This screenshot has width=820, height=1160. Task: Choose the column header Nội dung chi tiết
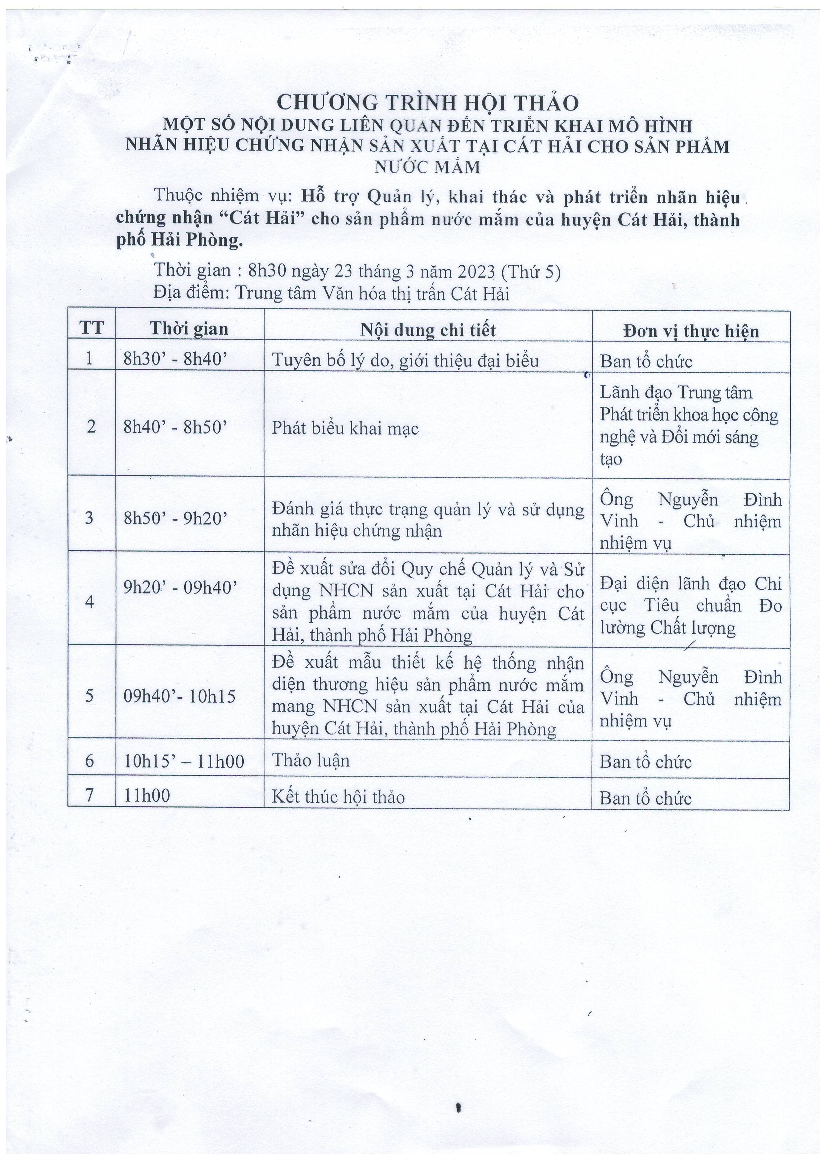[x=428, y=330]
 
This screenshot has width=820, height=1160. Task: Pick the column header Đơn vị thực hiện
[x=691, y=331]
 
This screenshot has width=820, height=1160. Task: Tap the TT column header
[x=92, y=328]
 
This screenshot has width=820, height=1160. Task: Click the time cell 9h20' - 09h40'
[x=181, y=586]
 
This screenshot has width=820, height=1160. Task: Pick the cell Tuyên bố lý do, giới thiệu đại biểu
[x=405, y=360]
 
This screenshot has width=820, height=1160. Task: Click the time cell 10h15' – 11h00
[x=184, y=762]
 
